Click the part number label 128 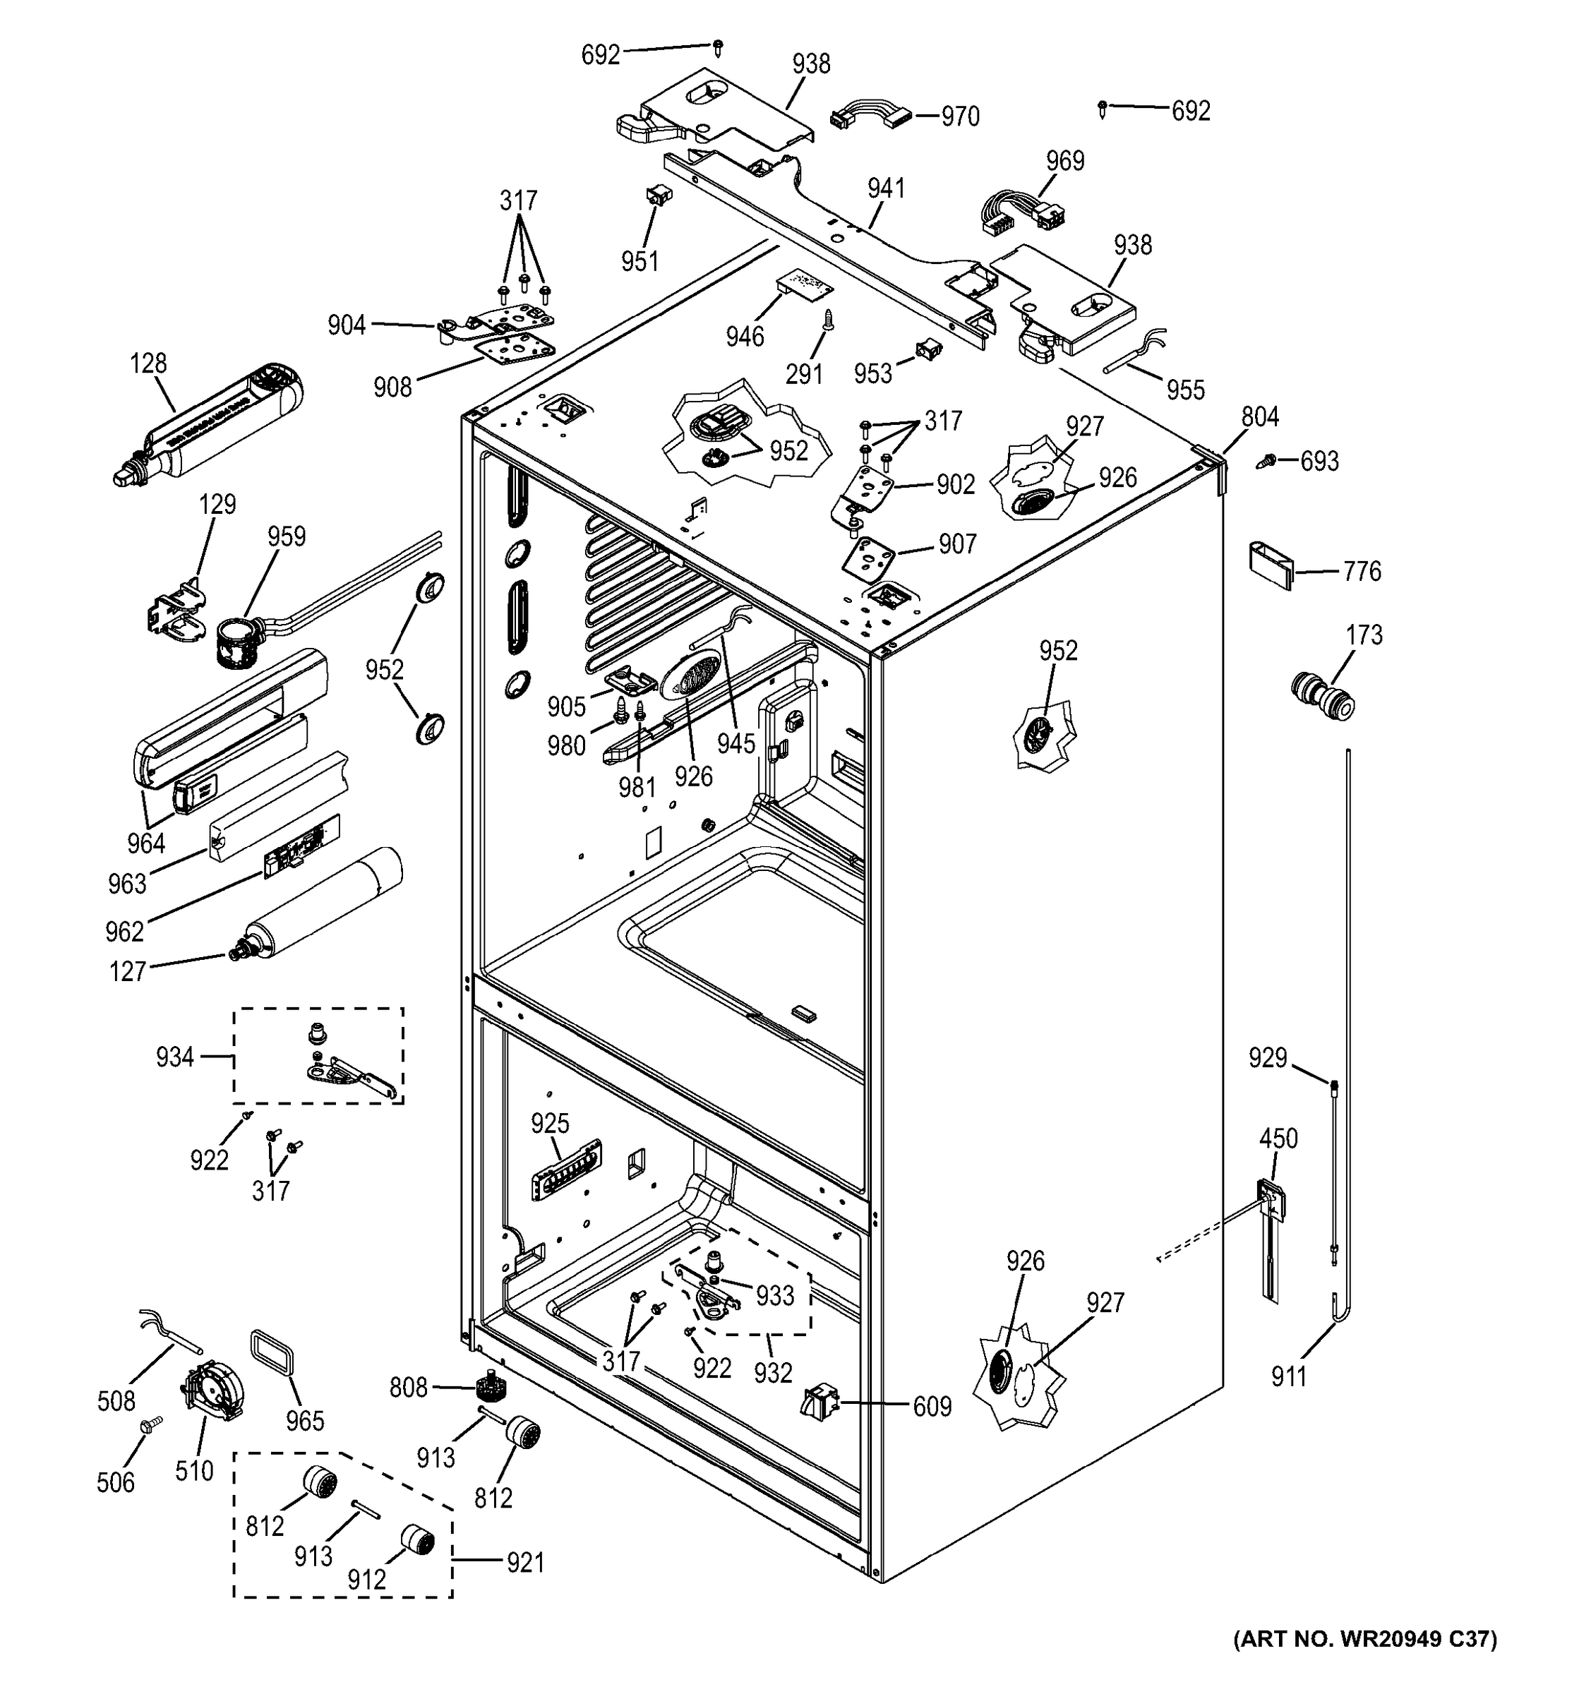click(148, 364)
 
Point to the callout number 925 click(550, 1123)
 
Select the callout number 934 click(174, 1057)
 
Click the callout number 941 click(887, 188)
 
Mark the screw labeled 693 click(1268, 461)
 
